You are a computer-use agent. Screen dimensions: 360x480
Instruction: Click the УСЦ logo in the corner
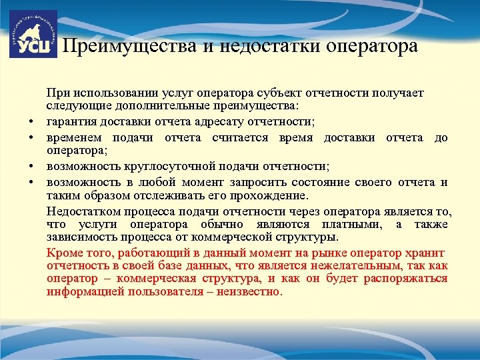coord(33,34)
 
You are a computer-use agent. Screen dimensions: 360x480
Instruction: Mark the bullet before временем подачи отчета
coord(31,138)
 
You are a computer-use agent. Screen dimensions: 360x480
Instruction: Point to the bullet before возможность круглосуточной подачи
coord(31,166)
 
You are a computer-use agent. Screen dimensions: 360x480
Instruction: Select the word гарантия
coord(71,121)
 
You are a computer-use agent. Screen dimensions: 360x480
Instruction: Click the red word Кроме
coord(64,253)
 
